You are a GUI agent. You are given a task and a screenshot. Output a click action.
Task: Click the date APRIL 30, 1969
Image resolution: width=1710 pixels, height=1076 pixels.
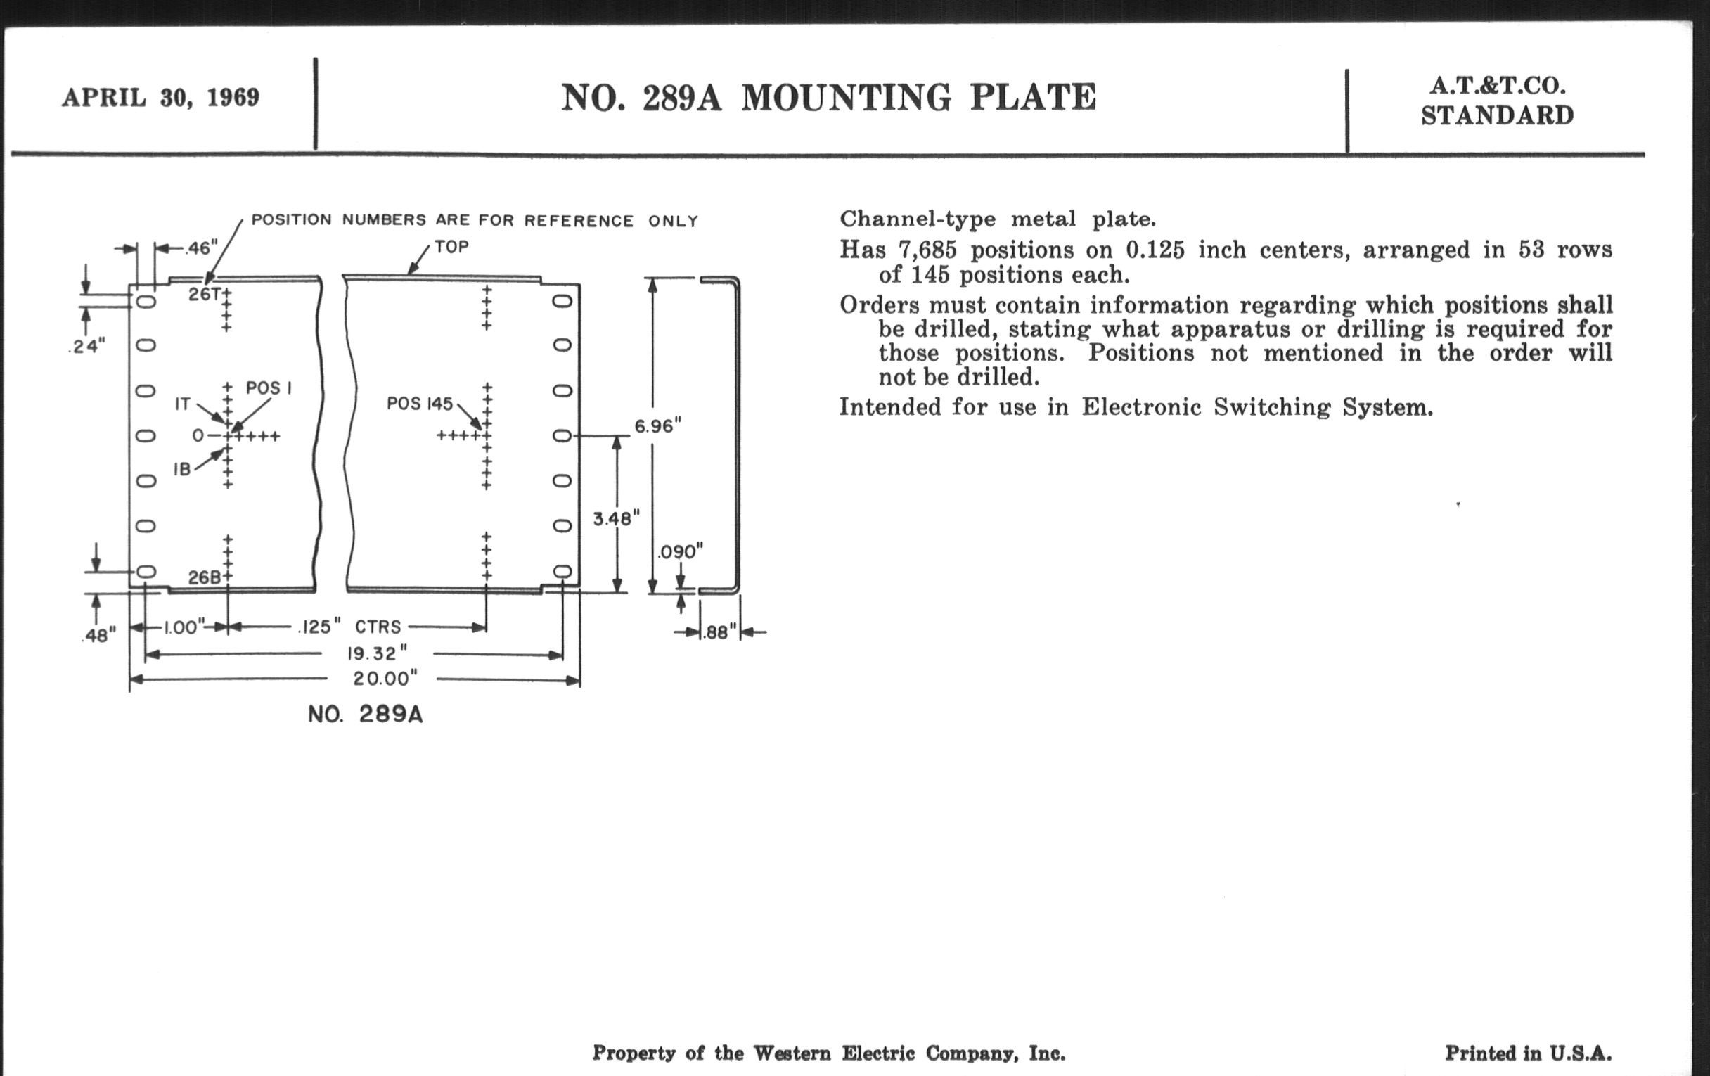[160, 97]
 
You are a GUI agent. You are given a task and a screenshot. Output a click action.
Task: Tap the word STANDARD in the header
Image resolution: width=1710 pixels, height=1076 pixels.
[1497, 116]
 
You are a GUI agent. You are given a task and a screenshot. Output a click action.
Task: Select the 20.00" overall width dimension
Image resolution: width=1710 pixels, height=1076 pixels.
[385, 679]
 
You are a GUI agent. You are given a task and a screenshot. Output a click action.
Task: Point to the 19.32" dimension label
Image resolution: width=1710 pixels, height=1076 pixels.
[377, 653]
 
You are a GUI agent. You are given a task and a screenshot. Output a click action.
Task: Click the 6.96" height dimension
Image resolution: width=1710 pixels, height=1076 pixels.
[657, 426]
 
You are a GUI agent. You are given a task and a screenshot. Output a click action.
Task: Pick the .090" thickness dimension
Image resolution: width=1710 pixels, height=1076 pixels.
[680, 552]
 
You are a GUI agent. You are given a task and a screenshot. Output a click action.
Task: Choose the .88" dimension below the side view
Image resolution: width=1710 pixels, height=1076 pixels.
[719, 632]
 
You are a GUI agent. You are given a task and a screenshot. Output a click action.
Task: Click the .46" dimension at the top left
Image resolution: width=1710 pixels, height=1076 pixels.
[201, 248]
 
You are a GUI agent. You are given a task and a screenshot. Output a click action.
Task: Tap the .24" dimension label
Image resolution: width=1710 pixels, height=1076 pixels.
[88, 347]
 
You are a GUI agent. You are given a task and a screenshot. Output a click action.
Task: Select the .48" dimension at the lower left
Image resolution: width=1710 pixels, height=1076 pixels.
[98, 634]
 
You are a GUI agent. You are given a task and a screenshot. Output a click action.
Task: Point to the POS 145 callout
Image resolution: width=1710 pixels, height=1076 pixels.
[419, 404]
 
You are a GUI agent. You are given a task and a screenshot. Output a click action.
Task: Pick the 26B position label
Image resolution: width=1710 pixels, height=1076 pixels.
[205, 577]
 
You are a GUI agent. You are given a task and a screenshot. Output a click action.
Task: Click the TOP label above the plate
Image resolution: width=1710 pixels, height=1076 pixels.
[451, 247]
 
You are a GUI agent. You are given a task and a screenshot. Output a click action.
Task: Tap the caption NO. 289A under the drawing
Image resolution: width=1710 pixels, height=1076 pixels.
[365, 714]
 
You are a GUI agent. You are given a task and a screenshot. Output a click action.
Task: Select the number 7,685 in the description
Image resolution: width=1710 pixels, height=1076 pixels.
[927, 250]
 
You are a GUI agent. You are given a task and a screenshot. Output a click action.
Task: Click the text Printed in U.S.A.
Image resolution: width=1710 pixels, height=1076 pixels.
[1528, 1053]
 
